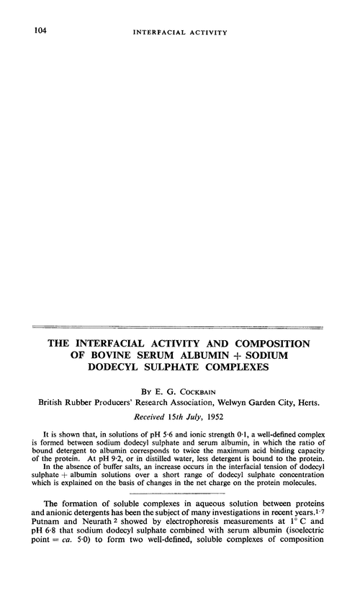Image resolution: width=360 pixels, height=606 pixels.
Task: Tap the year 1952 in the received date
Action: pos(230,422)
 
